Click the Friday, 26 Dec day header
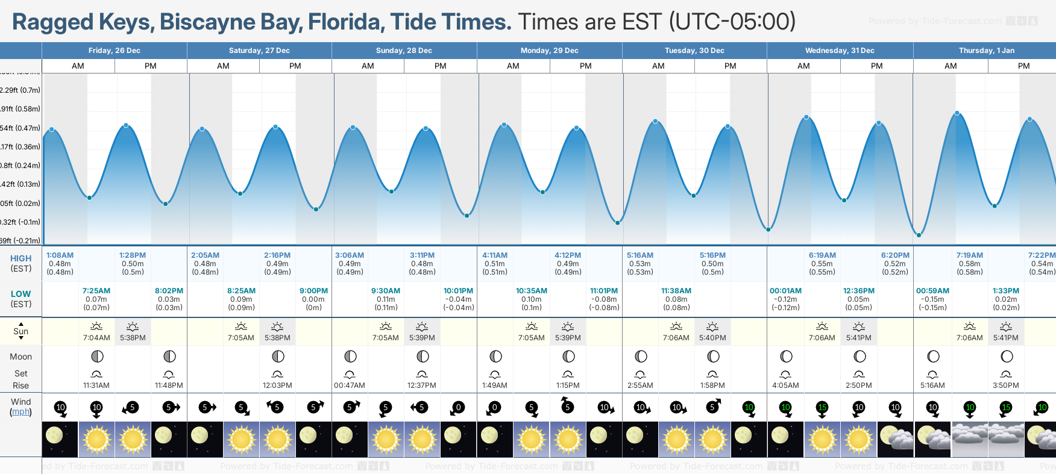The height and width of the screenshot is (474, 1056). [114, 51]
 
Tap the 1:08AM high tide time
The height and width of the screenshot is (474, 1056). [60, 255]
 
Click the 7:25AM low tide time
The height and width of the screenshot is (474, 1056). [96, 291]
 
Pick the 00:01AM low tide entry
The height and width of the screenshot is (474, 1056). [785, 291]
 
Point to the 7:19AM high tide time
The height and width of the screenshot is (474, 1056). [969, 255]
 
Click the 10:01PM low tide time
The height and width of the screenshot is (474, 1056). [458, 291]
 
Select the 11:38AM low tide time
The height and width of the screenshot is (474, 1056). [676, 291]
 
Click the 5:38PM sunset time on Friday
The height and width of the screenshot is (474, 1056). [133, 338]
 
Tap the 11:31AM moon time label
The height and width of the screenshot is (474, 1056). [96, 385]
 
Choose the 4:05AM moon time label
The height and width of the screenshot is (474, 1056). [785, 385]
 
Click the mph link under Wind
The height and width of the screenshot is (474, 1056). [20, 412]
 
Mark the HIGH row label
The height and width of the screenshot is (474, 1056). [20, 258]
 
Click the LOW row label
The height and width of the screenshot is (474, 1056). [20, 294]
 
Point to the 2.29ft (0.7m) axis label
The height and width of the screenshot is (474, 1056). [20, 90]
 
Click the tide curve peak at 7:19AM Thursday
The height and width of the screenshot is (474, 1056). [957, 113]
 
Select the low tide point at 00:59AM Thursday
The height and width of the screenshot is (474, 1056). [919, 235]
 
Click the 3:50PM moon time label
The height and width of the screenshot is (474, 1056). [1006, 385]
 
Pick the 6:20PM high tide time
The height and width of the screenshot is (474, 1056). [895, 255]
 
